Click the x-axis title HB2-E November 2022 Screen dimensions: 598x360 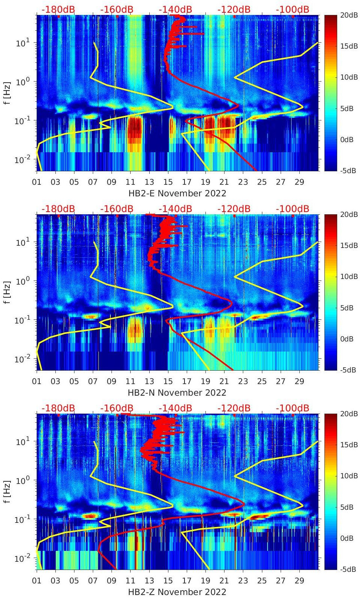pyautogui.click(x=177, y=193)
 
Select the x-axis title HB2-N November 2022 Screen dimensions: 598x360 pyautogui.click(x=177, y=393)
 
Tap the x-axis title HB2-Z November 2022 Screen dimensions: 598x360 pyautogui.click(x=177, y=592)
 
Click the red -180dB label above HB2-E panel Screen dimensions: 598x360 pyautogui.click(x=58, y=9)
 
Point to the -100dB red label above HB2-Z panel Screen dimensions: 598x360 pyautogui.click(x=292, y=408)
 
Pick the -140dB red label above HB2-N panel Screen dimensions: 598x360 pyautogui.click(x=175, y=209)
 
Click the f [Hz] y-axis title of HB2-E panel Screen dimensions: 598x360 pyautogui.click(x=7, y=93)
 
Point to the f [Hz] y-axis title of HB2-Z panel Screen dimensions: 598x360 pyautogui.click(x=7, y=491)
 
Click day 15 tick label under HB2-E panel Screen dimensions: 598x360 pyautogui.click(x=168, y=182)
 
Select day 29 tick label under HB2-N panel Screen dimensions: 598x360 pyautogui.click(x=299, y=381)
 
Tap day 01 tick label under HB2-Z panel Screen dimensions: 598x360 pyautogui.click(x=37, y=581)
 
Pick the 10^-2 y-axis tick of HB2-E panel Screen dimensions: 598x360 pyautogui.click(x=21, y=160)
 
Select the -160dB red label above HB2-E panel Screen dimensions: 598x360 pyautogui.click(x=117, y=9)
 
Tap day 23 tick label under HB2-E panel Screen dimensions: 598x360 pyautogui.click(x=243, y=182)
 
